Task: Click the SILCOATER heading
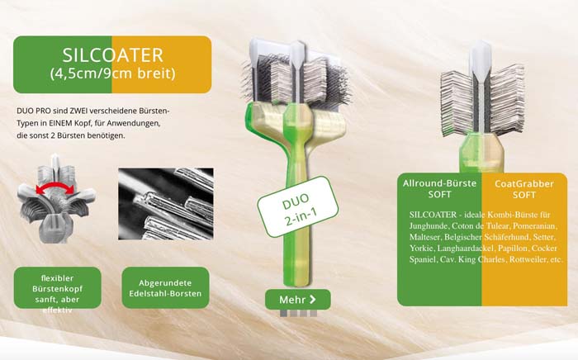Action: coord(112,55)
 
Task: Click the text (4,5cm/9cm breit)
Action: coord(112,73)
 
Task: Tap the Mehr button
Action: coord(297,298)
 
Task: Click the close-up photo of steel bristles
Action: coord(165,203)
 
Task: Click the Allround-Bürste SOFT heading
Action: coord(439,189)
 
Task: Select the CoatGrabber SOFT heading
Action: coord(525,189)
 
